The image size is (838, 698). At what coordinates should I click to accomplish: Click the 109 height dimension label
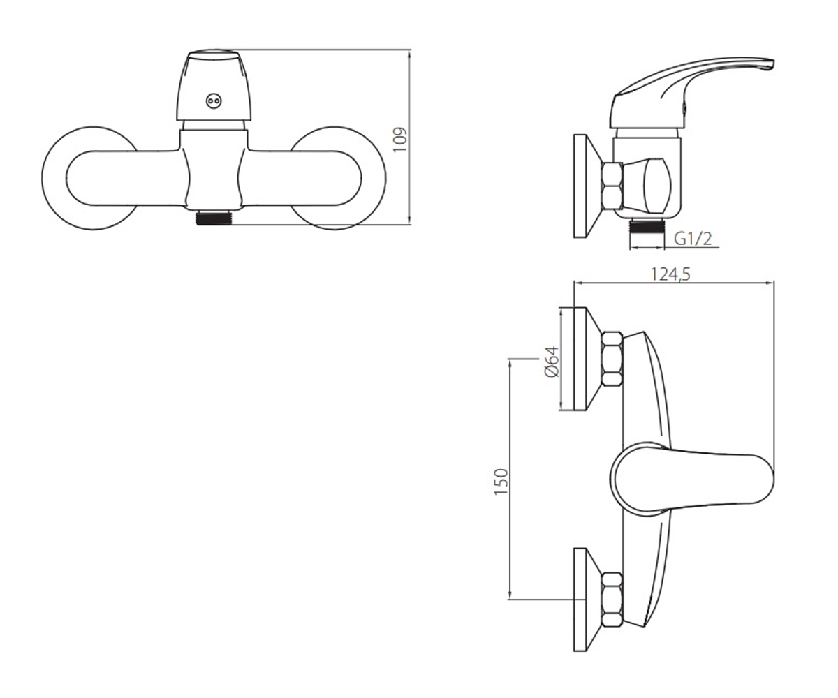(400, 140)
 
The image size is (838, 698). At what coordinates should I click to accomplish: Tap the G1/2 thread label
(693, 239)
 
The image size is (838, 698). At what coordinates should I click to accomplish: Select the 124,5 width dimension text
(670, 274)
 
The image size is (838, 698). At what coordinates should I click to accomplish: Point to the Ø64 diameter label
(552, 361)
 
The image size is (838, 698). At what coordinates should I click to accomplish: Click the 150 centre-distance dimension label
(501, 482)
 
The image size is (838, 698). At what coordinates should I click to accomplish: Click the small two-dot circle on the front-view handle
(213, 101)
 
